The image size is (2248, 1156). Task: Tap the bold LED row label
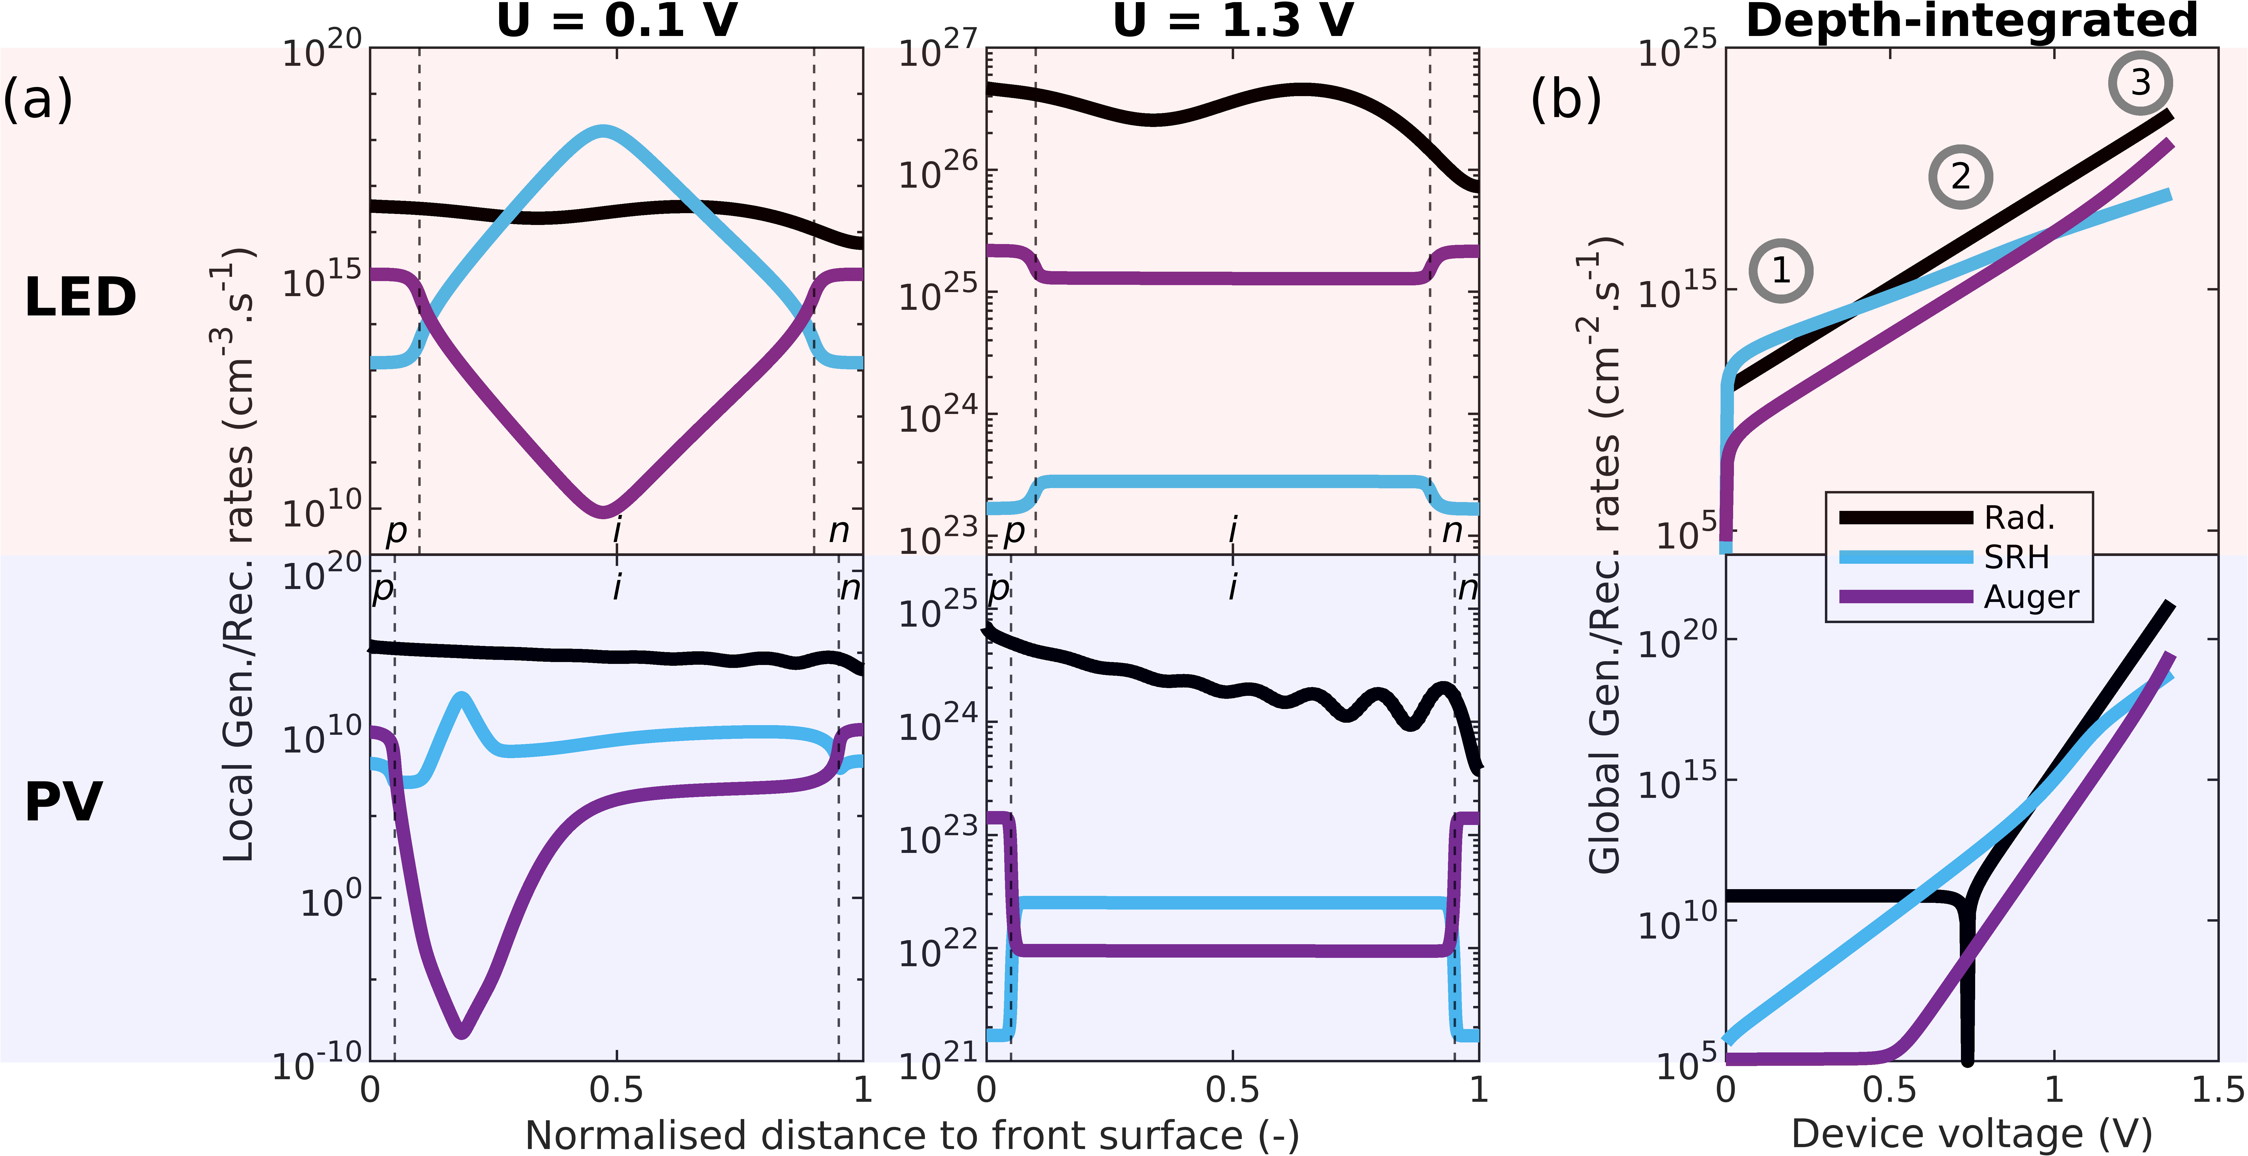[80, 297]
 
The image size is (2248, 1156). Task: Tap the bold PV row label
[64, 802]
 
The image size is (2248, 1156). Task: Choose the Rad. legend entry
[2019, 518]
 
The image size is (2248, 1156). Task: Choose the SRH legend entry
[2016, 557]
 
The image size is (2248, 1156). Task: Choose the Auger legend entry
[2031, 597]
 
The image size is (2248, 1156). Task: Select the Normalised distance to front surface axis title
[912, 1135]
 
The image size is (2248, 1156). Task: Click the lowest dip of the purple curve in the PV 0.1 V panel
[462, 1031]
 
